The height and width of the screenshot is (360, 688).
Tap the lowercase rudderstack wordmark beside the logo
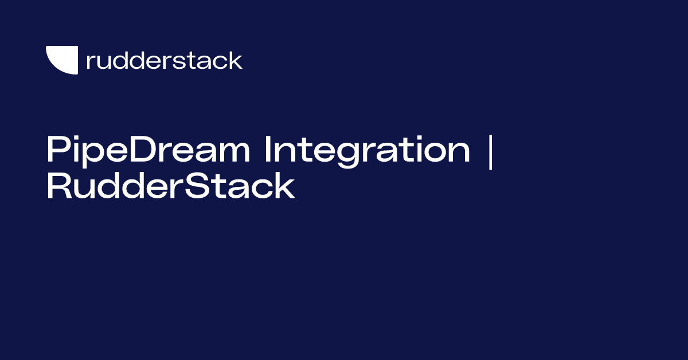165,60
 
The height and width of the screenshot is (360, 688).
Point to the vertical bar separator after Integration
491,152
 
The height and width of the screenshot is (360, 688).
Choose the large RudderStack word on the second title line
171,186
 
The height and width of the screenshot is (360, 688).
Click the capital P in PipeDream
58,149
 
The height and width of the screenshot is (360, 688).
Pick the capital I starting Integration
268,149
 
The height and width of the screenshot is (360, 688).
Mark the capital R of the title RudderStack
59,186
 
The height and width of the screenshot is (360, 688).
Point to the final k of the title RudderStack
285,186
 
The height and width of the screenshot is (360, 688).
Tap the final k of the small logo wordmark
235,60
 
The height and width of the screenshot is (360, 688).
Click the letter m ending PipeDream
234,152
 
